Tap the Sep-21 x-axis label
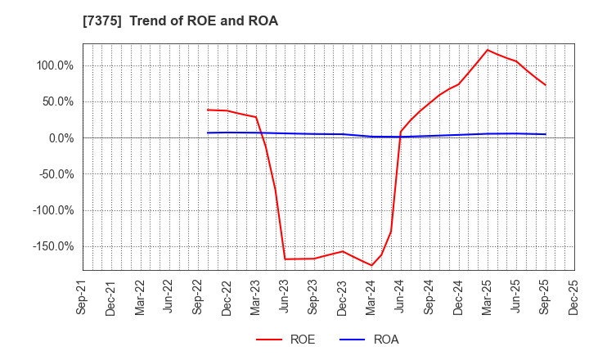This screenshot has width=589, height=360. pos(83,297)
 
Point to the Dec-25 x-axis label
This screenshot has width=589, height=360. pos(574,297)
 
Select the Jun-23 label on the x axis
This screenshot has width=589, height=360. pos(285,297)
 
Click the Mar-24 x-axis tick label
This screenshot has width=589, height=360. pos(371,297)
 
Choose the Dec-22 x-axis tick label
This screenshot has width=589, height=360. pos(227,297)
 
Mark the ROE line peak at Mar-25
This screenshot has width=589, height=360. pos(488,50)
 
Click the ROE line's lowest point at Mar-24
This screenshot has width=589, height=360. pos(371,265)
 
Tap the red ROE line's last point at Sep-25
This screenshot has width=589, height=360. pos(546,85)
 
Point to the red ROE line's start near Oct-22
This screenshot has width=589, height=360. pos(208,110)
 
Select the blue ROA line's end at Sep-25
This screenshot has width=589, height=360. pos(546,134)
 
